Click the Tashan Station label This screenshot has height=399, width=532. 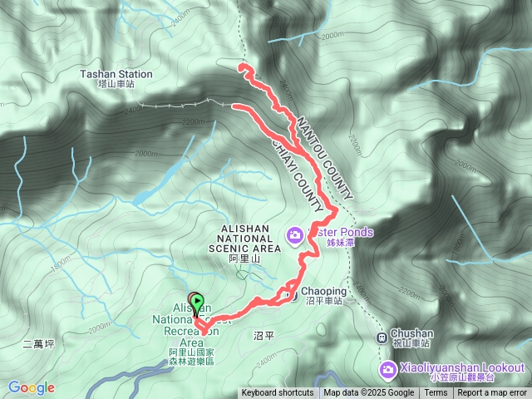point(116,74)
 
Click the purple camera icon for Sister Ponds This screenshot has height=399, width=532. point(295,236)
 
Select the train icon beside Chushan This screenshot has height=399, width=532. point(382,337)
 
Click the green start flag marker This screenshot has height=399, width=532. point(197,301)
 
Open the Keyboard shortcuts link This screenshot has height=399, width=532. point(278,393)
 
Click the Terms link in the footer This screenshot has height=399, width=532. point(436,393)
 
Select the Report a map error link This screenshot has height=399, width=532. point(492,393)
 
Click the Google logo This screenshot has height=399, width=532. point(31,387)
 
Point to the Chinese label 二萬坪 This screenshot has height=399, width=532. point(39,342)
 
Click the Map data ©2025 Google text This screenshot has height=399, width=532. point(369,393)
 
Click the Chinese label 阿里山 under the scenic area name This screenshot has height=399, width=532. point(244,259)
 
